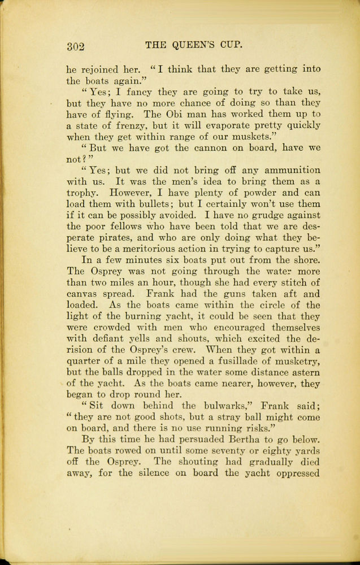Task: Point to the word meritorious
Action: click(136, 249)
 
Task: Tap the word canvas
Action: click(85, 294)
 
